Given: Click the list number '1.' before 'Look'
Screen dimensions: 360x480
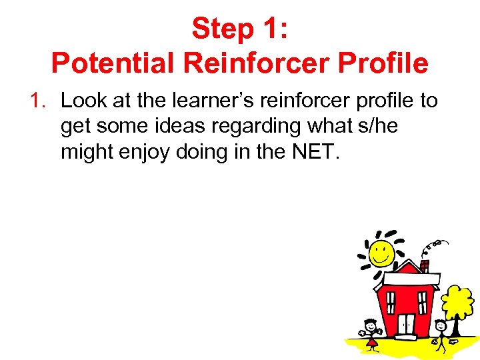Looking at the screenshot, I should click(x=39, y=101).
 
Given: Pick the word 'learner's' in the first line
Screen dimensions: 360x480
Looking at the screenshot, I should click(x=205, y=101).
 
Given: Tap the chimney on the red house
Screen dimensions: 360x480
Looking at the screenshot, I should click(x=424, y=265).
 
